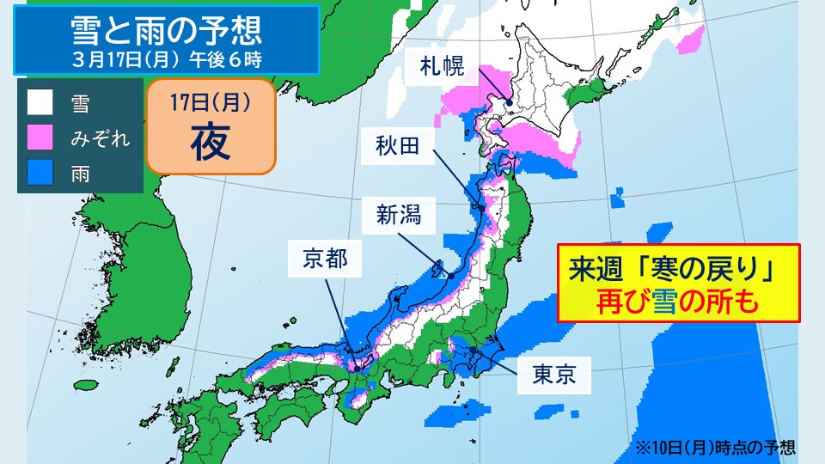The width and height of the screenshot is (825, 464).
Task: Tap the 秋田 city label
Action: (397, 146)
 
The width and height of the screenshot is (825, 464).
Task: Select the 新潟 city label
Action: (397, 214)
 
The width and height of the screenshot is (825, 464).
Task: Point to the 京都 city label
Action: (325, 257)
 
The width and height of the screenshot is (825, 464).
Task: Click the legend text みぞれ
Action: (101, 137)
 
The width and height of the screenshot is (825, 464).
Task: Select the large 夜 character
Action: (210, 143)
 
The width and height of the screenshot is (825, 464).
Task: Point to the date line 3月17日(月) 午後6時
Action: (167, 60)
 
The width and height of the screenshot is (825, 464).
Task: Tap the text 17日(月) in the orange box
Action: (210, 104)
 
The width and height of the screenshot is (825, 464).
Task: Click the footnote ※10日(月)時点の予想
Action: (715, 447)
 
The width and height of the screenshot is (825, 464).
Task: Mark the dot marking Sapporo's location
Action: (509, 102)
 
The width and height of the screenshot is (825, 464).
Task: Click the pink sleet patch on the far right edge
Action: (692, 40)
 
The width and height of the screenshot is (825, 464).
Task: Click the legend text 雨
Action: (80, 172)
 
